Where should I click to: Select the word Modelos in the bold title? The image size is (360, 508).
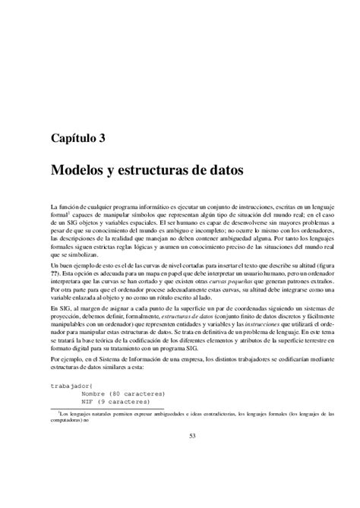click(x=78, y=171)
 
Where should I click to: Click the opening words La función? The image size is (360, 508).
click(x=67, y=207)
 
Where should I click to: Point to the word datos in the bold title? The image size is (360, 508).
click(x=223, y=171)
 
